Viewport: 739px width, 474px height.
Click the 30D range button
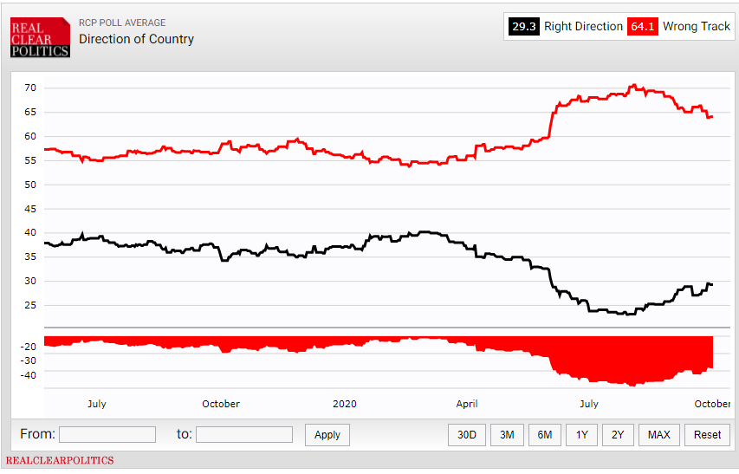[467, 435]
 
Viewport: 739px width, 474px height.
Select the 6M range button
[545, 435]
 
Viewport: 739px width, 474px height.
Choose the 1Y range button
[582, 435]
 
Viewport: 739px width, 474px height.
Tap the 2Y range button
[618, 435]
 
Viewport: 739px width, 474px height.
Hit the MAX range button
[658, 435]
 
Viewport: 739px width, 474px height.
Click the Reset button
[707, 435]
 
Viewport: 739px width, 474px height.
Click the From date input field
[107, 434]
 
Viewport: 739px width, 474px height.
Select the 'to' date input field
[244, 434]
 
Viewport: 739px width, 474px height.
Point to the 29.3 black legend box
[524, 27]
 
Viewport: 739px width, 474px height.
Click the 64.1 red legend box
[643, 27]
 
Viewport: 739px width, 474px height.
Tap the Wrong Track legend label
[697, 27]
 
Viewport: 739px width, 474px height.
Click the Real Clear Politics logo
[40, 39]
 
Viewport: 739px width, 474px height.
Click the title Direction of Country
[136, 39]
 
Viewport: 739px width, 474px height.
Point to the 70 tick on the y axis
[29, 88]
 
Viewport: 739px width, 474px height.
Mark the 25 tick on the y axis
[29, 305]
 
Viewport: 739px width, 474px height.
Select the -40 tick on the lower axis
[27, 375]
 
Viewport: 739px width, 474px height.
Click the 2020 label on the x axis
[345, 404]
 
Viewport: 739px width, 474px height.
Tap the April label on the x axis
[467, 404]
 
